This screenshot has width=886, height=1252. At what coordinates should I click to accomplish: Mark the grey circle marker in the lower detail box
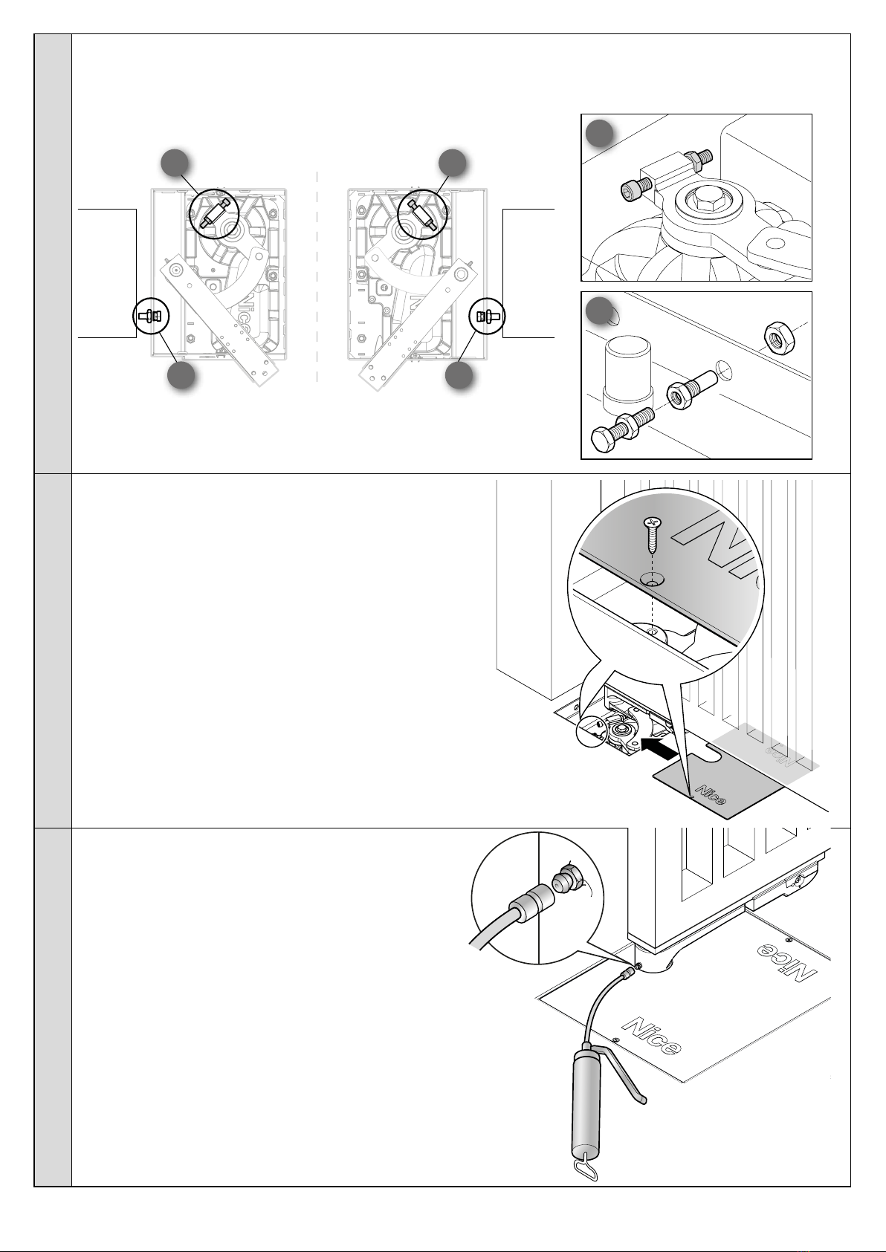pyautogui.click(x=599, y=311)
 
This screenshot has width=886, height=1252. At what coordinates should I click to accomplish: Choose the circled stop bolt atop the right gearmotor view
pyautogui.click(x=424, y=210)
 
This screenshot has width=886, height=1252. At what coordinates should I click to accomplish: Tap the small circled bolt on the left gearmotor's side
pyautogui.click(x=152, y=316)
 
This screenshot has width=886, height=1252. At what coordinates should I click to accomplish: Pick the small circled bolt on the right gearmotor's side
pyautogui.click(x=488, y=316)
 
